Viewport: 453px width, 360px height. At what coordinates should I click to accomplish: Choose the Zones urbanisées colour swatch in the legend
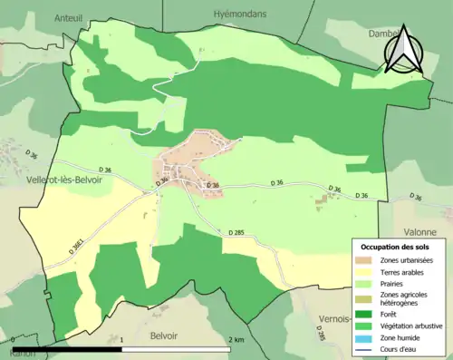tap(366, 261)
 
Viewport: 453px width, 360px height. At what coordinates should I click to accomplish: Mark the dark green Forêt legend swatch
tap(366, 315)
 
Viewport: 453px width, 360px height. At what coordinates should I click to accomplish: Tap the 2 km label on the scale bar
tap(236, 340)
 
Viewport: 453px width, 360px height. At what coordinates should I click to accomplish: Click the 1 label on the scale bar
tap(121, 340)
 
